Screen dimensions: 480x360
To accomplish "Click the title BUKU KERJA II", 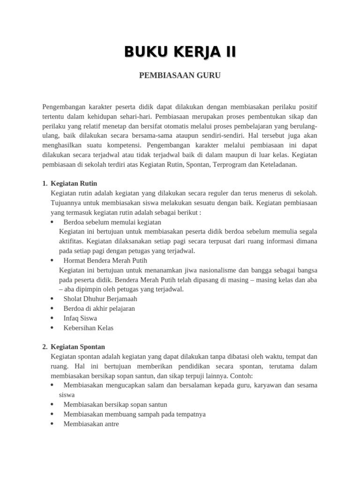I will point(180,52).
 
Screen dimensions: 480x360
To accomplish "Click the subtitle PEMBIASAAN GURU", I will point(180,75).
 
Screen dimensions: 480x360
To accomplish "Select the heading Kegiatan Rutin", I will point(74,183).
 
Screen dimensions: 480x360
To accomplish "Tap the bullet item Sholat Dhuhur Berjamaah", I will point(100,299).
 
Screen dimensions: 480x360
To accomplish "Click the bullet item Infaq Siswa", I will point(80,318).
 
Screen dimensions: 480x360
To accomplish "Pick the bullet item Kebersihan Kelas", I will point(88,328).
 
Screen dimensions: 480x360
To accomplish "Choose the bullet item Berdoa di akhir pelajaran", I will point(99,308).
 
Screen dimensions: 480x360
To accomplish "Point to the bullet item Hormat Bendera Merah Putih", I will point(105,260).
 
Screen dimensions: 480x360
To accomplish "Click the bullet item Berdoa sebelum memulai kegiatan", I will point(112,222).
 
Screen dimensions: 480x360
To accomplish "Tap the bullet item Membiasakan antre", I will point(91,424).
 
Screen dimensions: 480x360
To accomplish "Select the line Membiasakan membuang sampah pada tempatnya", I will point(134,414).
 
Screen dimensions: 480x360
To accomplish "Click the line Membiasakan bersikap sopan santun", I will point(115,404).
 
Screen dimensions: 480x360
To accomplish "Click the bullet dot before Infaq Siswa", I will point(52,318).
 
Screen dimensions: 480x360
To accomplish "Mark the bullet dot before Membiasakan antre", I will point(52,424).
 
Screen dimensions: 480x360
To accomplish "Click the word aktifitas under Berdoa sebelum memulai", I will point(71,240).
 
